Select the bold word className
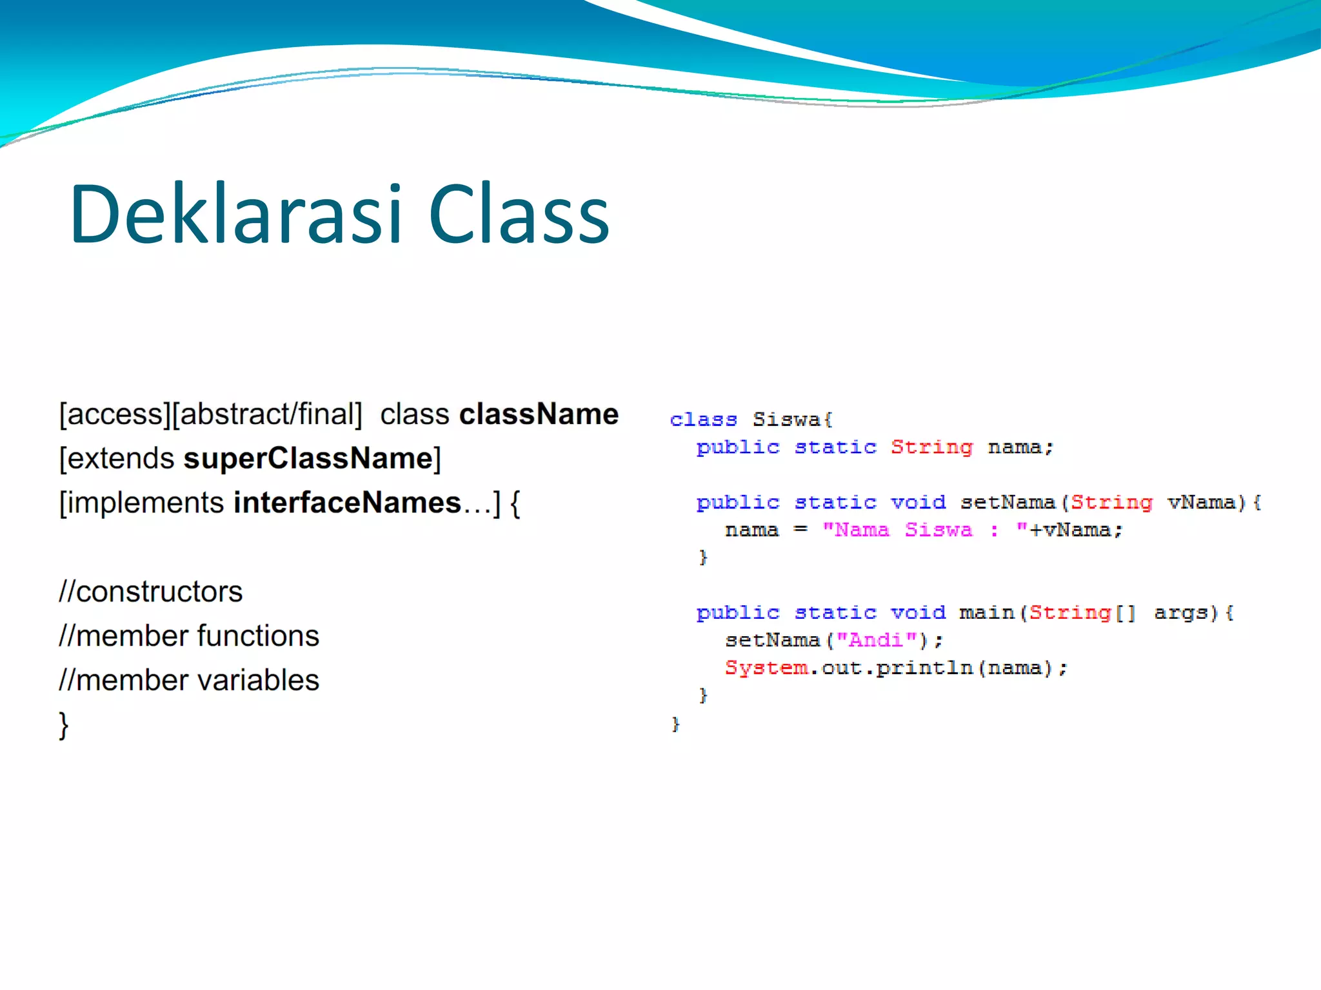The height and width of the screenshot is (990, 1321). (539, 414)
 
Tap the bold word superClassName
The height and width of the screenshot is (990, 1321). (308, 459)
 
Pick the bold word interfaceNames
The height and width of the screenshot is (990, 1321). (347, 503)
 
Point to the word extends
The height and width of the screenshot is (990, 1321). (121, 459)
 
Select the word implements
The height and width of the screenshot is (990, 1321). (146, 503)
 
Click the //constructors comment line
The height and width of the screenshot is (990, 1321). (150, 592)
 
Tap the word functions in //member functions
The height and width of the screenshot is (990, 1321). (258, 636)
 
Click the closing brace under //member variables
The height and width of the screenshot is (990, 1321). (63, 726)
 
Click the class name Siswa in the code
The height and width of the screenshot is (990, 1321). (786, 420)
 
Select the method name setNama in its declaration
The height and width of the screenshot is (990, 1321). (1008, 502)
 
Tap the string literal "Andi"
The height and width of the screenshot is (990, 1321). (876, 640)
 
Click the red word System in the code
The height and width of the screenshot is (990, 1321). (766, 668)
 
